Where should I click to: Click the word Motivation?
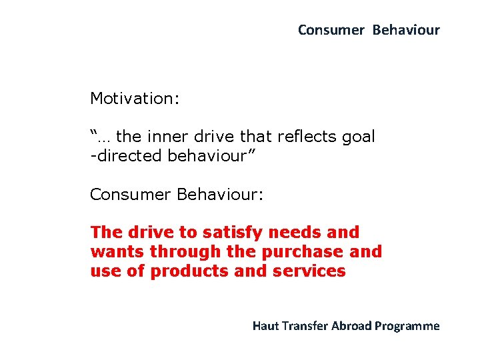133,99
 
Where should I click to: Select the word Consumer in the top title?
331,30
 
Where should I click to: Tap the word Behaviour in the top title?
406,30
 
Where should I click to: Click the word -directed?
126,156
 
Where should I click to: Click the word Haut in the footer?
265,326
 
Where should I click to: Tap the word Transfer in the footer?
304,326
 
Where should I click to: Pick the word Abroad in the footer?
351,326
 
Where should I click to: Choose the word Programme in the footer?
407,326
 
